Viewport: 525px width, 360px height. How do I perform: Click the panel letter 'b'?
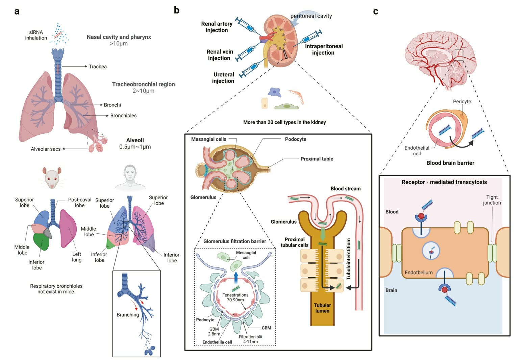176,10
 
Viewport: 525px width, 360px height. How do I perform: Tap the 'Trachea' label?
98,67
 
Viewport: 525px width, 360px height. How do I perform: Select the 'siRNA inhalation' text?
36,35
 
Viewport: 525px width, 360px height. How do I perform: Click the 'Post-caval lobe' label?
80,202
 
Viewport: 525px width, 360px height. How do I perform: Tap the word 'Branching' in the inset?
128,315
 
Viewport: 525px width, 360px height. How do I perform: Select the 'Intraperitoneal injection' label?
323,49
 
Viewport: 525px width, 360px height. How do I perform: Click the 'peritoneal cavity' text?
311,16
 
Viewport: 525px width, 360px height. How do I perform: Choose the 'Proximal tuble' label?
317,159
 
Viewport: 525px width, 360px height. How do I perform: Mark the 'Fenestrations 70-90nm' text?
235,297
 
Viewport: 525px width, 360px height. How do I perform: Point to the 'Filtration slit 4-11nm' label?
250,339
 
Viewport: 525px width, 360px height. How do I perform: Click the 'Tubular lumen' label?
322,308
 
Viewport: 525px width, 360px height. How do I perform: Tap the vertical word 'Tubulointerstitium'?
349,259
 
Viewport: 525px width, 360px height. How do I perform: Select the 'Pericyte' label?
462,101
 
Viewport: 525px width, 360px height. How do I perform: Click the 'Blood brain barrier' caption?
450,163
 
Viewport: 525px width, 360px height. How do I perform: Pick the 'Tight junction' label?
492,200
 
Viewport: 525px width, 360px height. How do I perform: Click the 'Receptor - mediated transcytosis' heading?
444,182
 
